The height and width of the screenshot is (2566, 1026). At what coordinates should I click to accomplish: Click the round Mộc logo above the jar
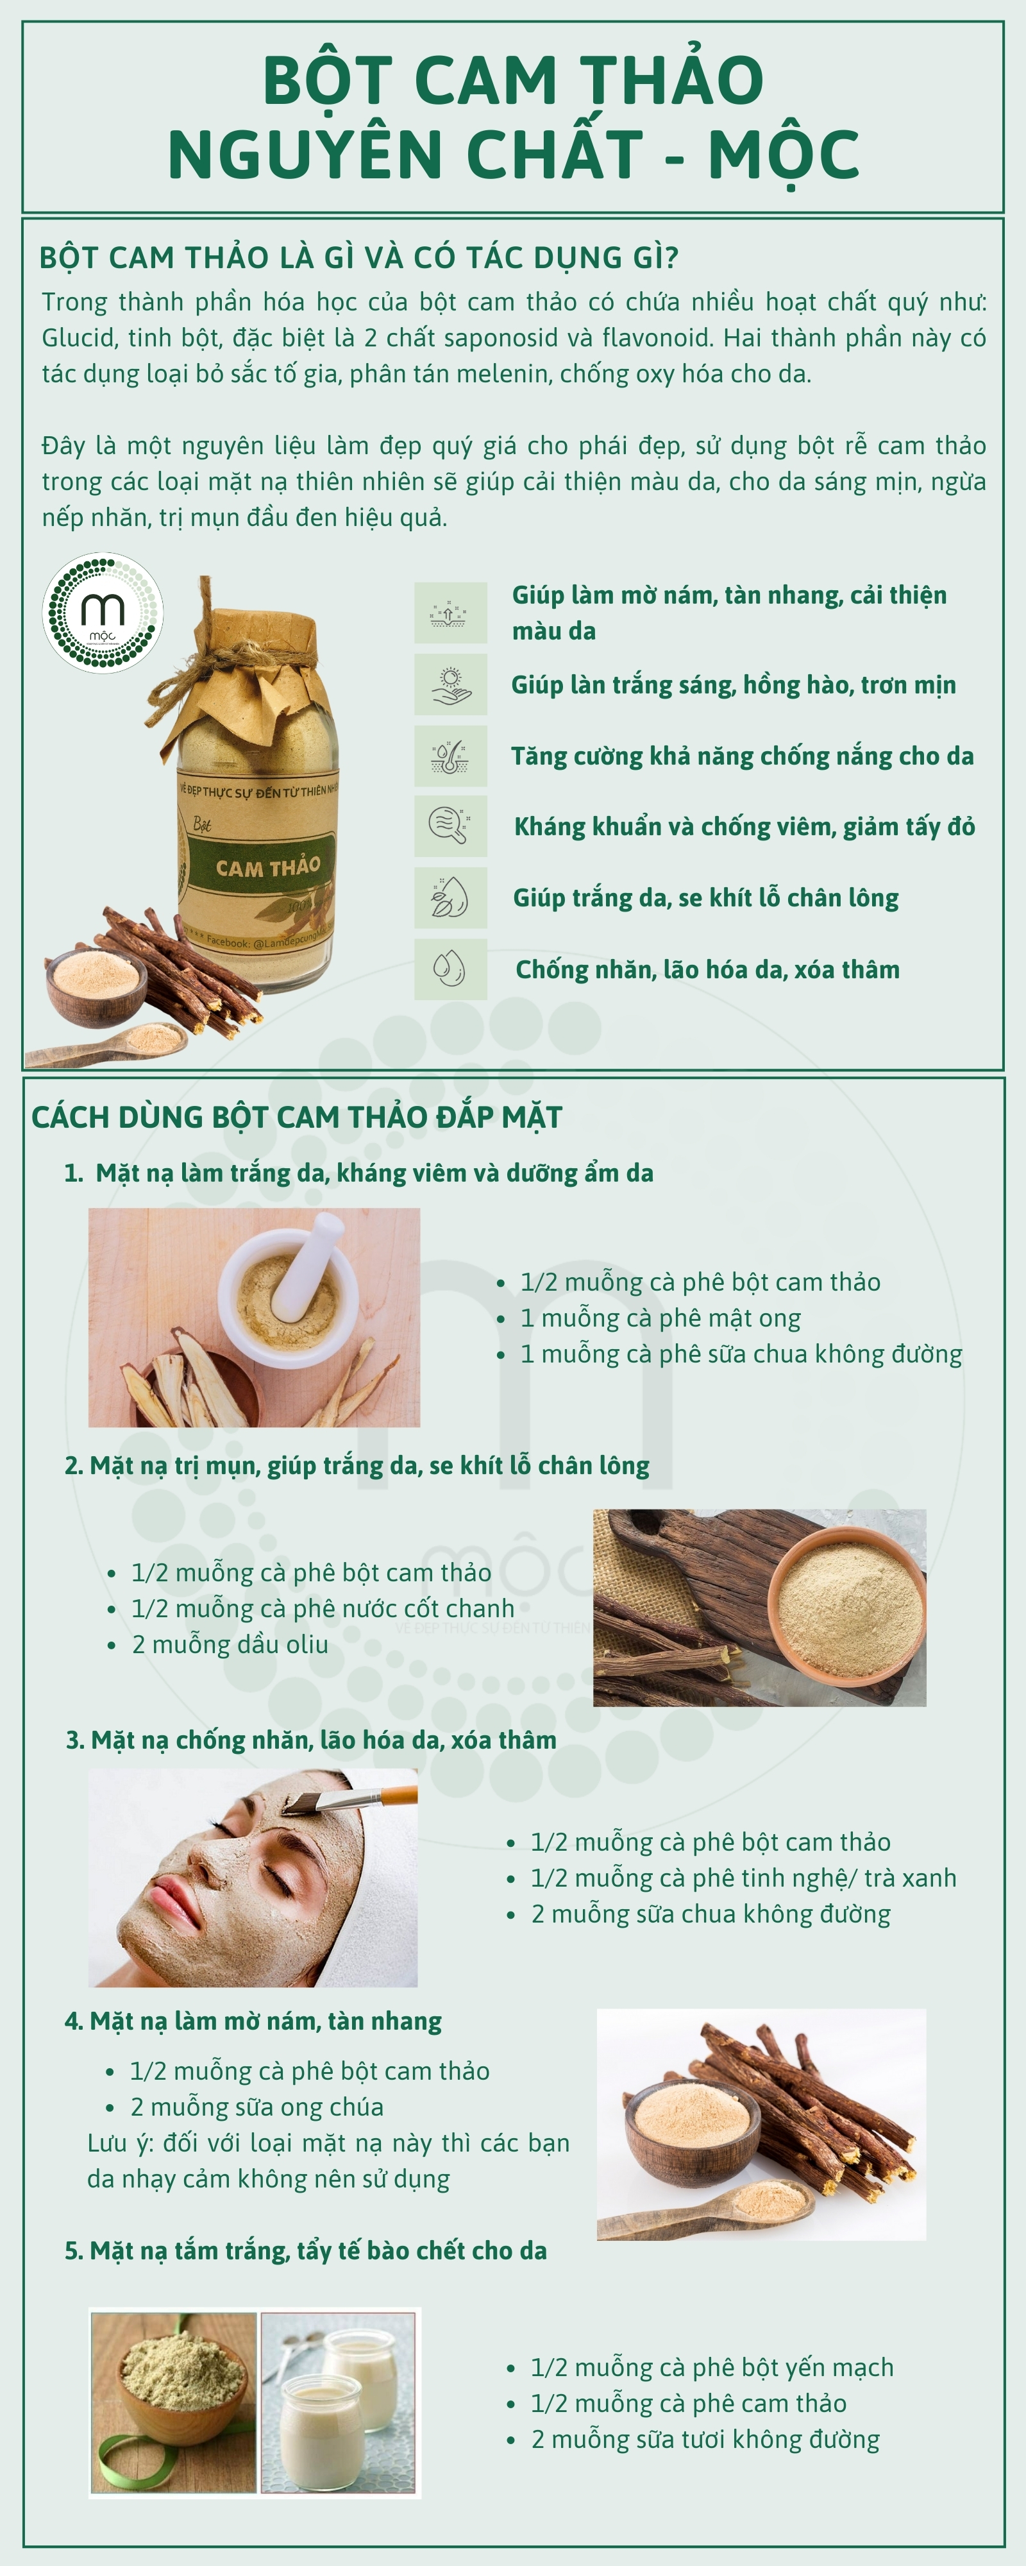[103, 613]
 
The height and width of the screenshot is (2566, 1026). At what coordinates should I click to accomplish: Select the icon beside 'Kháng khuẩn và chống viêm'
[450, 826]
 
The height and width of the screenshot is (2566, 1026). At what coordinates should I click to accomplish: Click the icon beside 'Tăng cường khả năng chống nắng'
[450, 755]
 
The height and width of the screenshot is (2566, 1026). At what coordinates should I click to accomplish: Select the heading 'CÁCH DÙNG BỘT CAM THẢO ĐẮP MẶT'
[297, 1117]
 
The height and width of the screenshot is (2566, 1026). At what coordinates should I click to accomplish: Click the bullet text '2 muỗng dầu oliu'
[230, 1645]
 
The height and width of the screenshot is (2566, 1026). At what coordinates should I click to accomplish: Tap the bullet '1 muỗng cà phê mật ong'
[660, 1318]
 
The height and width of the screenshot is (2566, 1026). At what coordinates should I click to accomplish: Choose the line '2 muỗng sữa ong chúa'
[257, 2107]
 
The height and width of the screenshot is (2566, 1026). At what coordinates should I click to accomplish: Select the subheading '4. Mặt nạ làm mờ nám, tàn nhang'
[253, 2021]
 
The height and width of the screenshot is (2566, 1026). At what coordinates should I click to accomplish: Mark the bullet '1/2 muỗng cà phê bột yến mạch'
[711, 2368]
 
